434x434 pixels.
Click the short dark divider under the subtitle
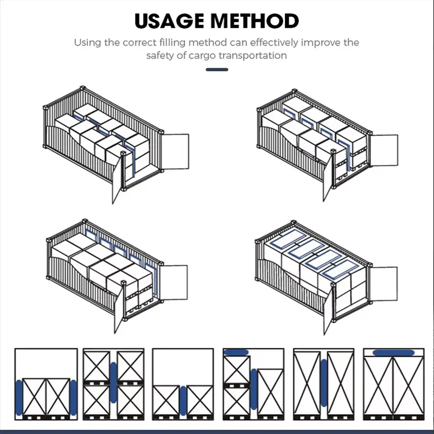click(x=217, y=69)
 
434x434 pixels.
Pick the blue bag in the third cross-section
click(x=183, y=402)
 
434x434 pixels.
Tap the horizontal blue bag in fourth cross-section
click(x=237, y=353)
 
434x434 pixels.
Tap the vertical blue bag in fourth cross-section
click(x=253, y=387)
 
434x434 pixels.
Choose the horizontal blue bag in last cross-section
click(x=394, y=353)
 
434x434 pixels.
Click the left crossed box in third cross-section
click(x=167, y=401)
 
